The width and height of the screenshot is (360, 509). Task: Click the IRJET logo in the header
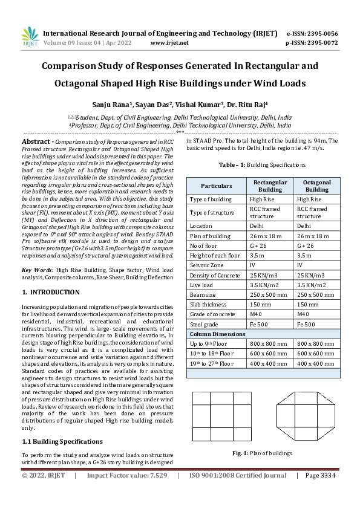coord(29,37)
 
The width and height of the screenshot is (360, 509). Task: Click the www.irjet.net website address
coord(169,43)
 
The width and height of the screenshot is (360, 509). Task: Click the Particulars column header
coord(216,186)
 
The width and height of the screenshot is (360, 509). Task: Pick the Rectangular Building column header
coord(270,186)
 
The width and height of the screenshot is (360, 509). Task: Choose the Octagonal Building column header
coord(316,186)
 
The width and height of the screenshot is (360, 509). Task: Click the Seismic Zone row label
coord(207,264)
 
